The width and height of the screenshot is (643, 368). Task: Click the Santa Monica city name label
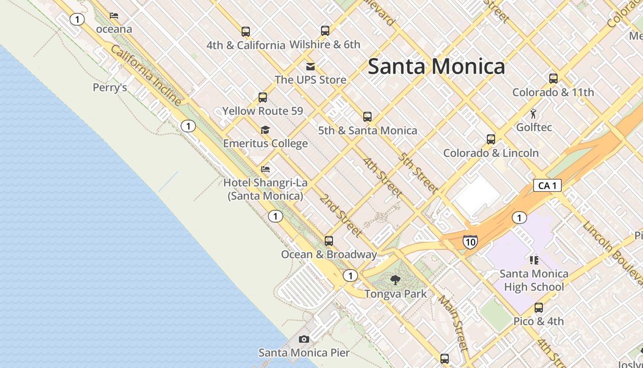point(436,67)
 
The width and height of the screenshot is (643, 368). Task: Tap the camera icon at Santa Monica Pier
point(304,339)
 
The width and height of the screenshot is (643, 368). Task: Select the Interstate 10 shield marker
point(470,241)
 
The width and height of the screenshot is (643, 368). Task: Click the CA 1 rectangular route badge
point(547,185)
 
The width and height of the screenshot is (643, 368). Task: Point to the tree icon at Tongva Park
point(395,280)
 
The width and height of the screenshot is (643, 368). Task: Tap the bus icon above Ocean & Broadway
point(329,241)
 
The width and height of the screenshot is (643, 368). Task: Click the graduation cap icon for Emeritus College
point(265,130)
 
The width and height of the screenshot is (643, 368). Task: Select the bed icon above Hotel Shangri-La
point(265,169)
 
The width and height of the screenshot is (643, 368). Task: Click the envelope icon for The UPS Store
point(310,66)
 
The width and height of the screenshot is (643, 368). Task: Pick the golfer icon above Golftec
point(533,114)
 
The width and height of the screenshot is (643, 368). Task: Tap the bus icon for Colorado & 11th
point(553,78)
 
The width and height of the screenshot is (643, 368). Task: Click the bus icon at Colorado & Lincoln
point(491,139)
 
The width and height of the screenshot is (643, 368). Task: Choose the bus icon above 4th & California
point(246,31)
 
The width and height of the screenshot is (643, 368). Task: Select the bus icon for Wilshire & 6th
point(325,31)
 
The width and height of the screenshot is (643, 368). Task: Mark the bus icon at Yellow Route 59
point(263,97)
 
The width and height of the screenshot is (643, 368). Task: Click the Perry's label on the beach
point(110,87)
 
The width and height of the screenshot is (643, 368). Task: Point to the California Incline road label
point(147,75)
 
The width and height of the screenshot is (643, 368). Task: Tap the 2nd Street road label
point(341,215)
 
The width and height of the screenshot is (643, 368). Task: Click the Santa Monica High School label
point(534,281)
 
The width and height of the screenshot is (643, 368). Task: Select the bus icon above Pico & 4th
point(539,307)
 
